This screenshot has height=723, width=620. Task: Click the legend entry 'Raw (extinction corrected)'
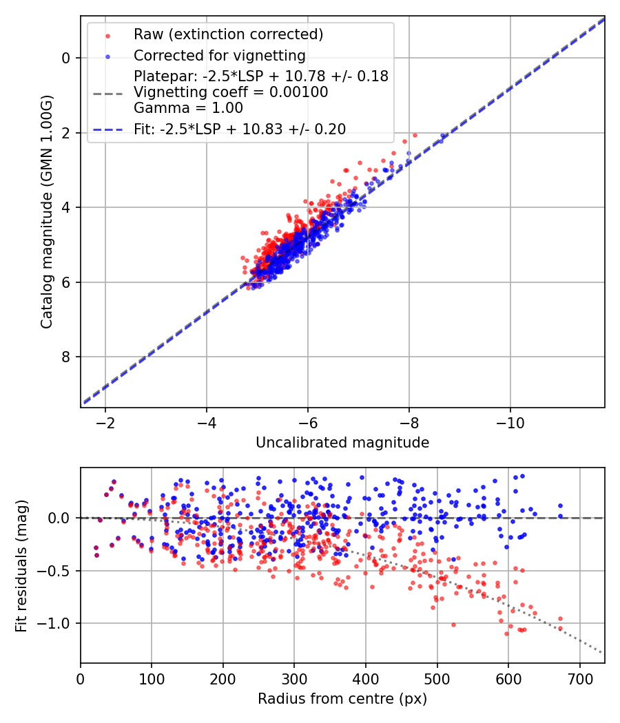pyautogui.click(x=228, y=34)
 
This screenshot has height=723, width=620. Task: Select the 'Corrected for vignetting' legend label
pyautogui.click(x=219, y=55)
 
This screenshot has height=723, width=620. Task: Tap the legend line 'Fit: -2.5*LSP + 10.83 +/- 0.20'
pyautogui.click(x=240, y=129)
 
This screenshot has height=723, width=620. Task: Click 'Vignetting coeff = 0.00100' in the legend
pyautogui.click(x=231, y=92)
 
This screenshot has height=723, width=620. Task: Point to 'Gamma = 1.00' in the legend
pyautogui.click(x=188, y=108)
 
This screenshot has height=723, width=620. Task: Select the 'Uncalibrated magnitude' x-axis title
pyautogui.click(x=342, y=443)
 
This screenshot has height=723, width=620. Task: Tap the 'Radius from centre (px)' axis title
pyautogui.click(x=342, y=699)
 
